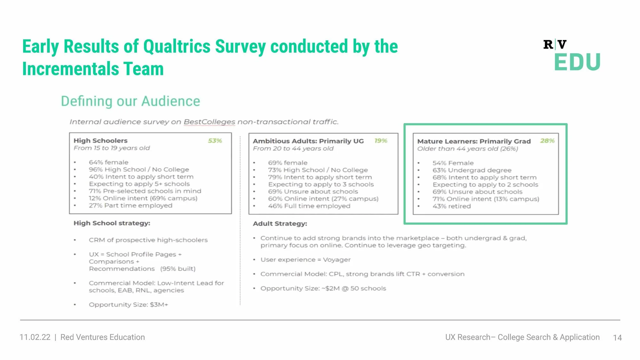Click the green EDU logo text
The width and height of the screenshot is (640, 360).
pyautogui.click(x=577, y=62)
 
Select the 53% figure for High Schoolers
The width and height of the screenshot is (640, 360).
pyautogui.click(x=215, y=141)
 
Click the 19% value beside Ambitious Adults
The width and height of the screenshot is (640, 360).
pyautogui.click(x=381, y=141)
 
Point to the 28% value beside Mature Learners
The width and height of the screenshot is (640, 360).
pyautogui.click(x=547, y=141)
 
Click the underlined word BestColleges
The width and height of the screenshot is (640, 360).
pyautogui.click(x=209, y=122)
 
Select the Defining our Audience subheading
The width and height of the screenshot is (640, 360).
pyautogui.click(x=131, y=101)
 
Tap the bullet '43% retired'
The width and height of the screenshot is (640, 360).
pyautogui.click(x=452, y=206)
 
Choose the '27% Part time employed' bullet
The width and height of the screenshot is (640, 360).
pyautogui.click(x=131, y=205)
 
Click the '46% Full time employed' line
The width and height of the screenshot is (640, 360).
pyautogui.click(x=309, y=206)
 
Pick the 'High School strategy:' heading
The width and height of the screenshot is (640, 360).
pyautogui.click(x=112, y=223)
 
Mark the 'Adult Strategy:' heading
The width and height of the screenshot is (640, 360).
pyautogui.click(x=280, y=224)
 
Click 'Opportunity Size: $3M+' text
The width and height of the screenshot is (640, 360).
pyautogui.click(x=128, y=305)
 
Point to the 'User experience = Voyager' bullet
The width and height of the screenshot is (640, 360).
pyautogui.click(x=306, y=260)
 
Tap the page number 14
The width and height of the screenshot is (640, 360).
pyautogui.click(x=617, y=338)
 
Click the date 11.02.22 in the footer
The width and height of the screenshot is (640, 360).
pyautogui.click(x=35, y=337)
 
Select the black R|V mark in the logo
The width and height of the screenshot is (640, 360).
pyautogui.click(x=555, y=44)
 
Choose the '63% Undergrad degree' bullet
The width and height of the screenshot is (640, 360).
pyautogui.click(x=472, y=170)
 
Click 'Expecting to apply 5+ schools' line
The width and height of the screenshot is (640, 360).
pyautogui.click(x=139, y=184)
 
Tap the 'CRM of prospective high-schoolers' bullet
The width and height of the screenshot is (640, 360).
pyautogui.click(x=148, y=240)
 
